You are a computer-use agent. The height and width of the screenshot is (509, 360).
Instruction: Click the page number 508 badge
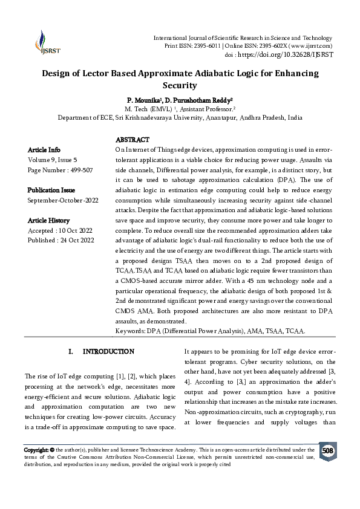point(327,451)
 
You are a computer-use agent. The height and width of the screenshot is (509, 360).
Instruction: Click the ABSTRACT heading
point(131,140)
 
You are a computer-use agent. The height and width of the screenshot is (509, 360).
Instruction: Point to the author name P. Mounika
point(146,99)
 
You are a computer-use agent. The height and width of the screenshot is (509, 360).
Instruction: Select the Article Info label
point(44,149)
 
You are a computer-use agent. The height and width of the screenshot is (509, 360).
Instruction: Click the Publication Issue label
point(51,190)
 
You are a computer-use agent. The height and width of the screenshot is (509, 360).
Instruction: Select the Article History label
point(48,221)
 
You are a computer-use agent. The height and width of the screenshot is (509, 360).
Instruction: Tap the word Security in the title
point(180,85)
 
